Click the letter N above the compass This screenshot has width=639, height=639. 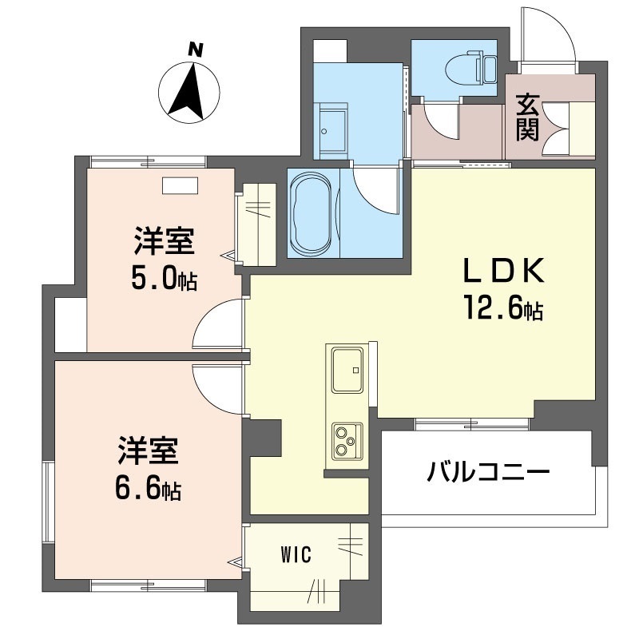196,50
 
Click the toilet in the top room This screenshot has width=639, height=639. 470,68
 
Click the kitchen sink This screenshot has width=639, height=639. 347,370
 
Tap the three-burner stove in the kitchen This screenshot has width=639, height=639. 347,441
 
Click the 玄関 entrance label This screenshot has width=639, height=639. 527,118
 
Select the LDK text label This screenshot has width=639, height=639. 503,271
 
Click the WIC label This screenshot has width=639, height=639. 296,554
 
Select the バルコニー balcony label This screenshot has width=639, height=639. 488,473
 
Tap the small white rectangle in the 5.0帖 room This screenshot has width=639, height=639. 181,185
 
